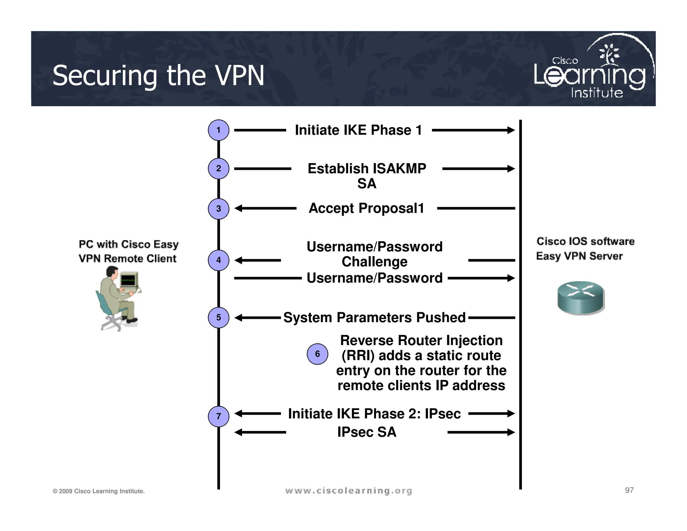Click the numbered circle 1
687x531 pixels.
[218, 130]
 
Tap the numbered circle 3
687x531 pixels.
[218, 209]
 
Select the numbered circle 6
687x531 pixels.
[317, 354]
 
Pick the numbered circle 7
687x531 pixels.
[218, 417]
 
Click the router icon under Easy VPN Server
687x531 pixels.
[581, 298]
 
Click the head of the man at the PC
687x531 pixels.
[112, 272]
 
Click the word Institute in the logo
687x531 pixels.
[597, 93]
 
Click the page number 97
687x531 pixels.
[629, 490]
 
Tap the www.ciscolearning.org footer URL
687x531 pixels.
[349, 491]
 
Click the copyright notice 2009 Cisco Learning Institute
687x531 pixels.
[99, 491]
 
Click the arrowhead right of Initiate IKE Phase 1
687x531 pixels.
[511, 130]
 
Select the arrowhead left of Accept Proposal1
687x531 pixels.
[238, 208]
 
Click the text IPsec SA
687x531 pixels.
[367, 432]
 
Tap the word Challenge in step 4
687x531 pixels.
[374, 262]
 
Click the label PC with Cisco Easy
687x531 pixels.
[128, 244]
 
